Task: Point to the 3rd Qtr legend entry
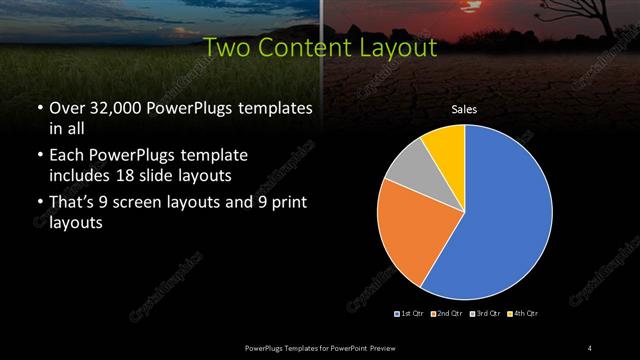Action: click(482, 315)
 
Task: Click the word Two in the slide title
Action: click(227, 47)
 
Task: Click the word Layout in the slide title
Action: click(400, 47)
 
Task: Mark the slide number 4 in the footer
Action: click(590, 347)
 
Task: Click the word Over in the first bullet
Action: click(66, 108)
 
